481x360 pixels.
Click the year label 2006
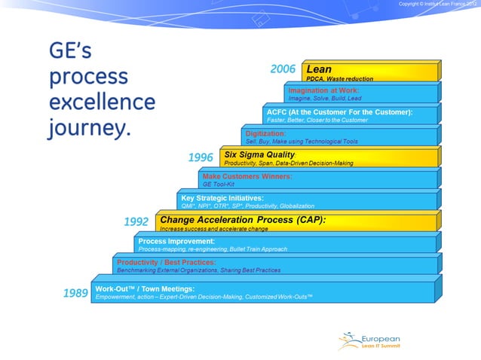(283, 69)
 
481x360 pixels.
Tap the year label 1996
(201, 157)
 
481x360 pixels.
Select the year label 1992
(136, 221)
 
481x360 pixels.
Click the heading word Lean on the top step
(319, 69)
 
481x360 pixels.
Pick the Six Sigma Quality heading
(259, 154)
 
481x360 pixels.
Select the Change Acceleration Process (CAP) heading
(242, 219)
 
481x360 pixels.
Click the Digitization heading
(265, 133)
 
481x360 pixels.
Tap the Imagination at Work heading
(323, 90)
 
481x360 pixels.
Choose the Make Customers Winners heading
(247, 176)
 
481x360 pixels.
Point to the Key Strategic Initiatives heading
(222, 197)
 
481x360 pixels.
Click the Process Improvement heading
(176, 241)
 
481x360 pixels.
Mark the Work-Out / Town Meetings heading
(145, 288)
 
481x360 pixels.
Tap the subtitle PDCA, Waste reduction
(339, 78)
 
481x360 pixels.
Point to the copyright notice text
(437, 5)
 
